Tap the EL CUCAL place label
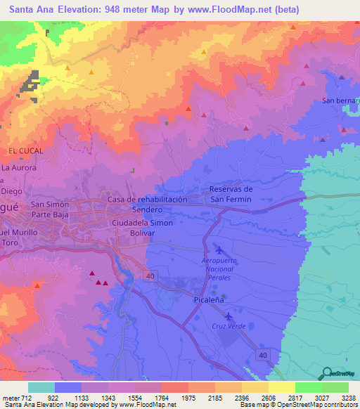pyautogui.click(x=26, y=151)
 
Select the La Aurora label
pyautogui.click(x=18, y=168)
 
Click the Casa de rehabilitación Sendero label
pyautogui.click(x=147, y=204)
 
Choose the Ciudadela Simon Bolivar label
pyautogui.click(x=142, y=227)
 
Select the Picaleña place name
pyautogui.click(x=210, y=299)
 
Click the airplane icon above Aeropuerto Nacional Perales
pyautogui.click(x=218, y=251)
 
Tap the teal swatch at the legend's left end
pyautogui.click(x=41, y=387)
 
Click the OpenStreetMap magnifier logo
pyautogui.click(x=327, y=374)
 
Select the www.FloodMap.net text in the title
pyautogui.click(x=225, y=10)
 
